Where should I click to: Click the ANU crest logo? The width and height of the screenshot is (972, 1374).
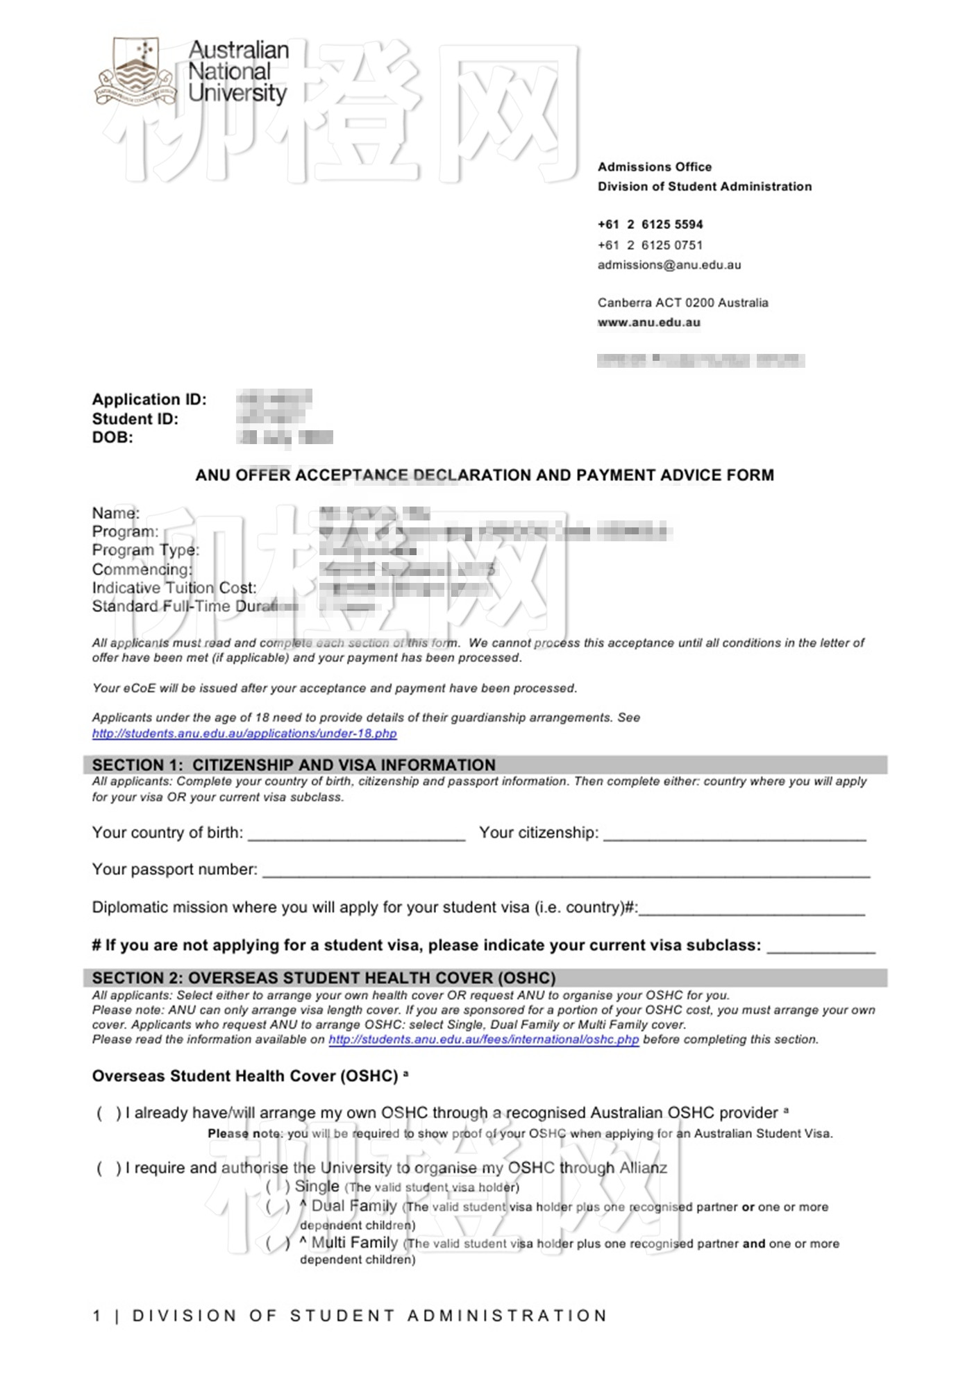pyautogui.click(x=135, y=71)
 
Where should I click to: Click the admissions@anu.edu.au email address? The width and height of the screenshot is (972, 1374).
pyautogui.click(x=669, y=265)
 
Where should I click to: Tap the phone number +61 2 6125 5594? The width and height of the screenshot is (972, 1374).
pyautogui.click(x=650, y=224)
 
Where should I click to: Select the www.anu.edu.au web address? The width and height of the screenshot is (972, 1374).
pyautogui.click(x=649, y=323)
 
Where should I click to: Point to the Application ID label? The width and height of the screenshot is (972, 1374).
pyautogui.click(x=149, y=400)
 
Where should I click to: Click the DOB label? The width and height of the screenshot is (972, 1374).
pyautogui.click(x=112, y=437)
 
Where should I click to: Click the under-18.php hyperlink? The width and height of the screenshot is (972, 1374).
pyautogui.click(x=244, y=733)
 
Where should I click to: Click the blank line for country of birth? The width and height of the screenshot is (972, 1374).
pyautogui.click(x=356, y=836)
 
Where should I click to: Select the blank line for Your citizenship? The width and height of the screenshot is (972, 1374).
pyautogui.click(x=735, y=836)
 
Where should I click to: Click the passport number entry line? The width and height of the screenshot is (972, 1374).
pyautogui.click(x=566, y=872)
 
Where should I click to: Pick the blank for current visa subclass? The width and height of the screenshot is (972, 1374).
pyautogui.click(x=821, y=948)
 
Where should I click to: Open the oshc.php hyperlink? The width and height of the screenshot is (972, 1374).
pyautogui.click(x=484, y=1040)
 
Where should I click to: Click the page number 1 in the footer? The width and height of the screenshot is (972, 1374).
pyautogui.click(x=97, y=1316)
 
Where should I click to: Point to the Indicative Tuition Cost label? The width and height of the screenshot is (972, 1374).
pyautogui.click(x=174, y=588)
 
